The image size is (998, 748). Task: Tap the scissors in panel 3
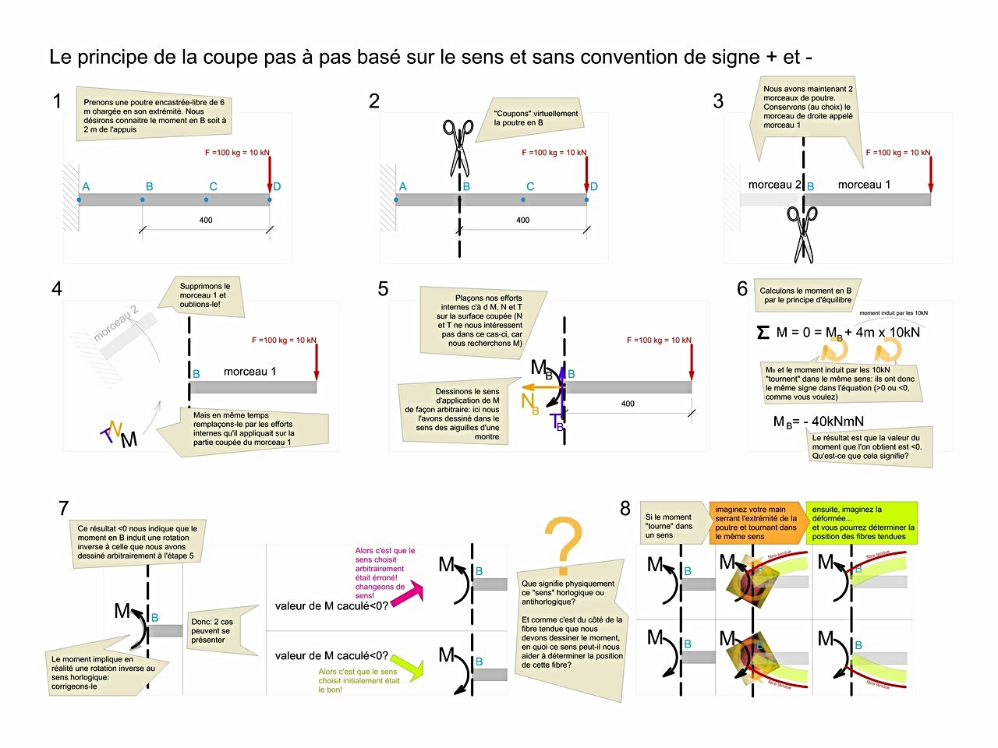point(802,234)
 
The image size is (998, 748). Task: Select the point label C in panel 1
point(213,186)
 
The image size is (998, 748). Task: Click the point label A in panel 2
point(402,186)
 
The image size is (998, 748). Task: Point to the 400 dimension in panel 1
point(206,221)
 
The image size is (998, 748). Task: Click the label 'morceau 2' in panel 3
point(774,185)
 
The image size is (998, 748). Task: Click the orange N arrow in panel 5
point(538,386)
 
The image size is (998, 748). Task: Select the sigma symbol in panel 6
point(763,333)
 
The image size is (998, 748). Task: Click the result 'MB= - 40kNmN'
point(818,422)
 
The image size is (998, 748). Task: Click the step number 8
point(625,509)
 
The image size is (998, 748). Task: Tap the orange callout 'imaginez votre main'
point(756,522)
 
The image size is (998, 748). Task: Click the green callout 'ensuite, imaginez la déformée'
point(862,522)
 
